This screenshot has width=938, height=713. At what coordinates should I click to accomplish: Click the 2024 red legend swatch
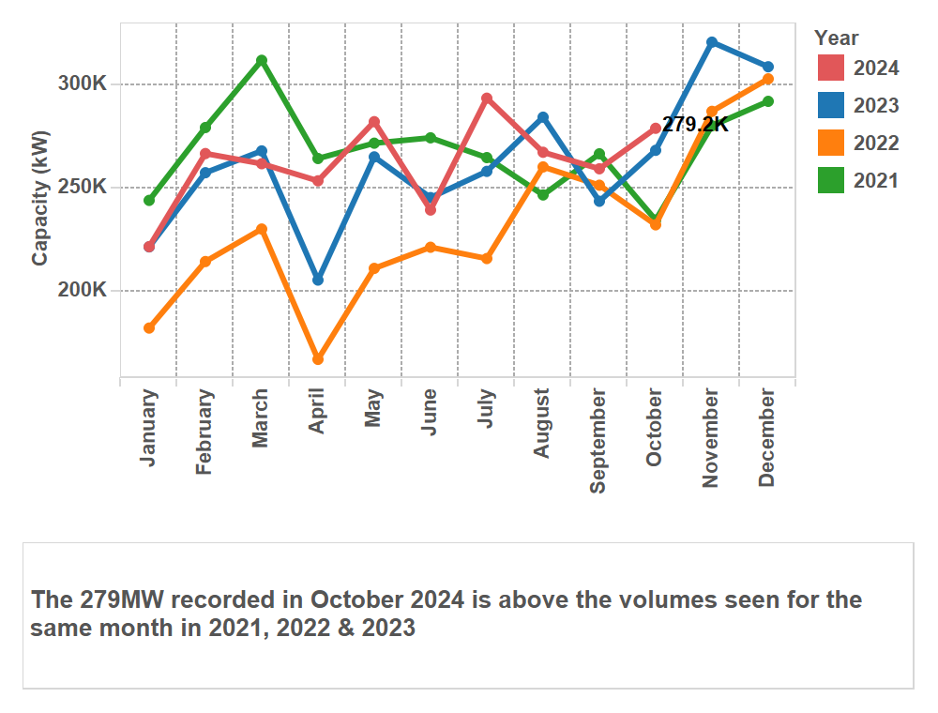point(831,68)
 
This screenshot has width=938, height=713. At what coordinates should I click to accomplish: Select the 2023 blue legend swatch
point(831,106)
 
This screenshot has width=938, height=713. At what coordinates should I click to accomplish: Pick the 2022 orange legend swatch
point(831,144)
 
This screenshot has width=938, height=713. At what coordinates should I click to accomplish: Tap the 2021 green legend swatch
point(831,181)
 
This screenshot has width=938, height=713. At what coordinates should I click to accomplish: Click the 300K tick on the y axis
point(83,83)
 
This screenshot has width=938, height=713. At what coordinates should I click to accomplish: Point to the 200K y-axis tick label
point(83,290)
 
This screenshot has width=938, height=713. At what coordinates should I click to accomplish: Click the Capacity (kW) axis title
point(40,198)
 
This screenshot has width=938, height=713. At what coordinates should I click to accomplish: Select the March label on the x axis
point(260,418)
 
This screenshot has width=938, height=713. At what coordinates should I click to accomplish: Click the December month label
point(766,438)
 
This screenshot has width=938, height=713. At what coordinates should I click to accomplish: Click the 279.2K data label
point(695,125)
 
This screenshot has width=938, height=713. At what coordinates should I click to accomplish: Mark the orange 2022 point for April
point(318,359)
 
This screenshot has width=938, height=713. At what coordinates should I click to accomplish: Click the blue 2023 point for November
point(712,42)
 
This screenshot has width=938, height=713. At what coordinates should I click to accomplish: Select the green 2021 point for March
point(262,60)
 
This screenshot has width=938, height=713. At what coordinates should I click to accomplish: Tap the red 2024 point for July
point(487,98)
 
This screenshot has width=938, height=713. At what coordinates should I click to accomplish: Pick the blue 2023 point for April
point(318,281)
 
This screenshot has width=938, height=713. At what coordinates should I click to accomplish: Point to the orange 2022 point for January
point(149,328)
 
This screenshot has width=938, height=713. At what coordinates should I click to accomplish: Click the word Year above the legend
point(836,38)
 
